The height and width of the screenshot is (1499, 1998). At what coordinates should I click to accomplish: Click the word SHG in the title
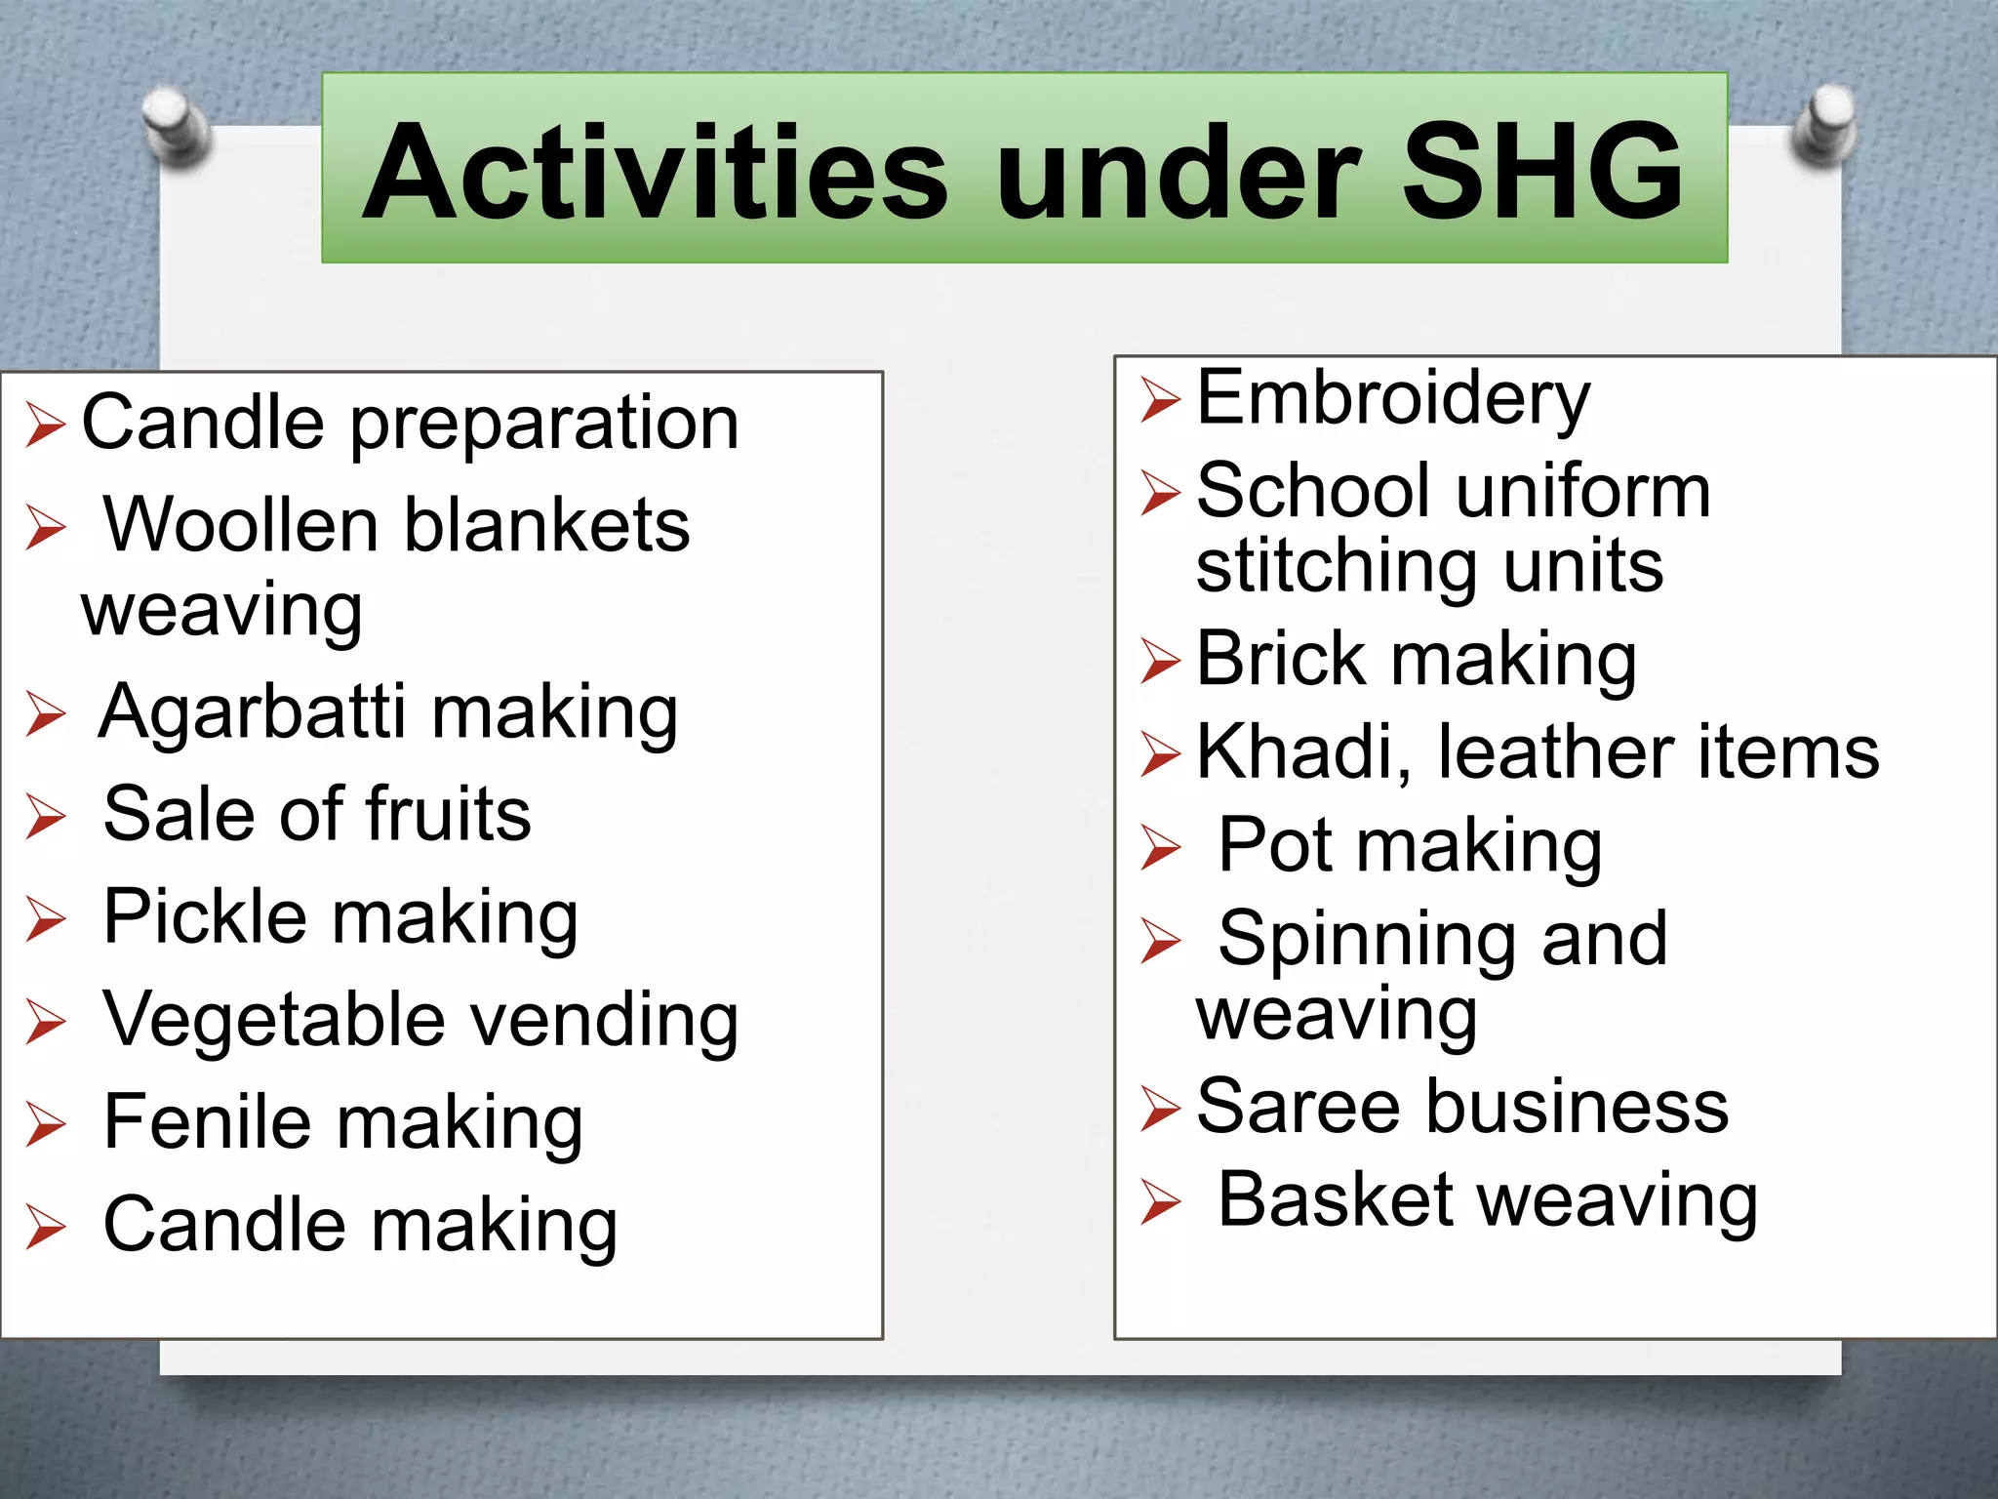[x=1542, y=173]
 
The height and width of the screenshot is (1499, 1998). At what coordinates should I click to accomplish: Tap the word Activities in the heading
[x=655, y=173]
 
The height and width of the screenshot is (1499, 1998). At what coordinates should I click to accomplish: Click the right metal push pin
[x=1823, y=126]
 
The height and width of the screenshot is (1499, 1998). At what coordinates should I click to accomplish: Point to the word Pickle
[x=204, y=917]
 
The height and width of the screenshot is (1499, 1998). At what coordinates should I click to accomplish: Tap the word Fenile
[x=206, y=1122]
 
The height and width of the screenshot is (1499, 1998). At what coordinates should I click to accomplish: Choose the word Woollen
[x=239, y=525]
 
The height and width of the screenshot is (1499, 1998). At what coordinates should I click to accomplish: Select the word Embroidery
[x=1392, y=399]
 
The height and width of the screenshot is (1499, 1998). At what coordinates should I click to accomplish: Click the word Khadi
[x=1303, y=752]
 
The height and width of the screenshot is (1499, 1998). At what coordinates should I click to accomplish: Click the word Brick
[x=1279, y=660]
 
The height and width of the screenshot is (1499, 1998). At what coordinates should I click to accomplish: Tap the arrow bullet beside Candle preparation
[x=46, y=425]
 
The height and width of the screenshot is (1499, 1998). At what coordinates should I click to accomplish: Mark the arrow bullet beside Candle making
[x=46, y=1227]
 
